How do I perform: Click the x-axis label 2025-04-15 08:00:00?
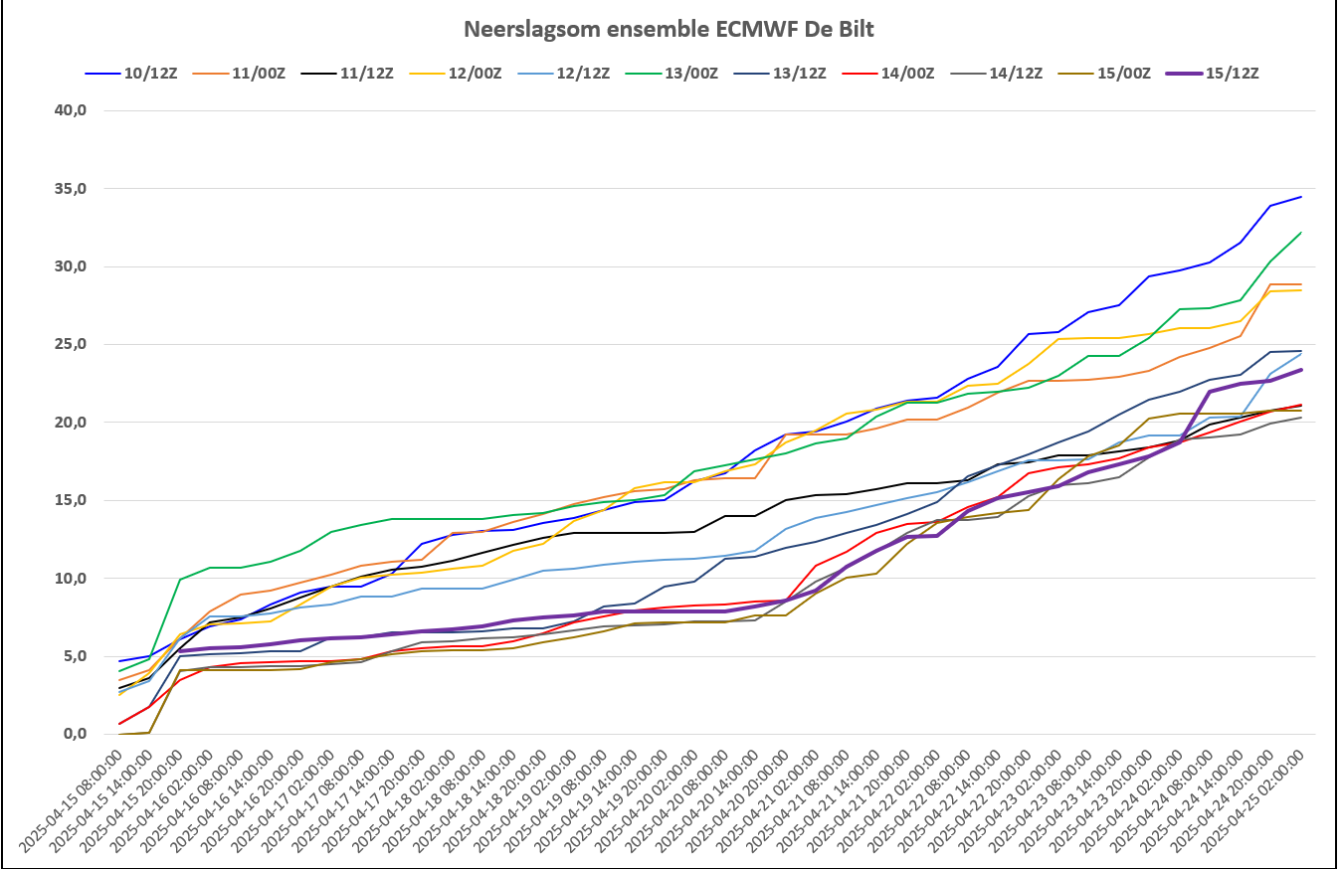click(75, 805)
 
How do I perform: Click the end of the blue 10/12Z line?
click(1301, 197)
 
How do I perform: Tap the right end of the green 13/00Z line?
click(1301, 233)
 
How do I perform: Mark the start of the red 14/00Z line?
click(119, 724)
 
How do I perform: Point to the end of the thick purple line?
click(1301, 370)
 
